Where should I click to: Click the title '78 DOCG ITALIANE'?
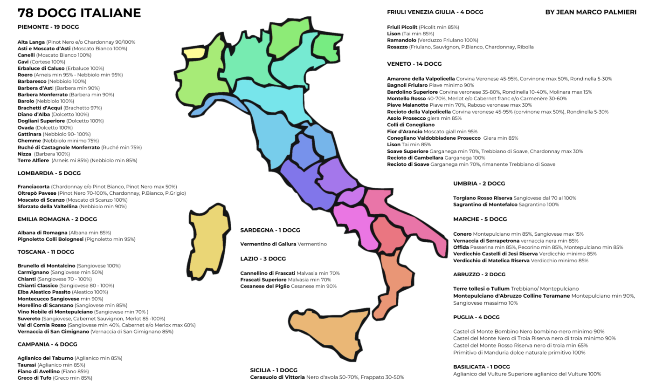(x=79, y=13)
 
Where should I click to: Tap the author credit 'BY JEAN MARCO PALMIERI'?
(x=590, y=12)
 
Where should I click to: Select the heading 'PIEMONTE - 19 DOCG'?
(x=48, y=27)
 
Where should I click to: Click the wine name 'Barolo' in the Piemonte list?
(x=26, y=101)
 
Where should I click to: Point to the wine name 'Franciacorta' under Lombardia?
(x=34, y=186)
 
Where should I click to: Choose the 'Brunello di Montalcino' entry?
(x=46, y=266)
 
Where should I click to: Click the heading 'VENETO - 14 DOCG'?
(x=414, y=64)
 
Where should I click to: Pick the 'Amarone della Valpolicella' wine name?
(x=421, y=79)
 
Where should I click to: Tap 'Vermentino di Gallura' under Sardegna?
(x=268, y=244)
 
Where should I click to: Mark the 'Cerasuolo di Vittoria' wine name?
(x=277, y=377)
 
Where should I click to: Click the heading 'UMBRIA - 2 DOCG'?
(x=479, y=184)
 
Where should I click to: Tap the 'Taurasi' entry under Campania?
(x=27, y=365)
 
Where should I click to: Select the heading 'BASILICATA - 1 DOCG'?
(x=481, y=367)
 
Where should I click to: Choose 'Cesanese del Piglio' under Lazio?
(x=265, y=287)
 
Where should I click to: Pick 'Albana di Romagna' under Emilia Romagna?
(x=42, y=232)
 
